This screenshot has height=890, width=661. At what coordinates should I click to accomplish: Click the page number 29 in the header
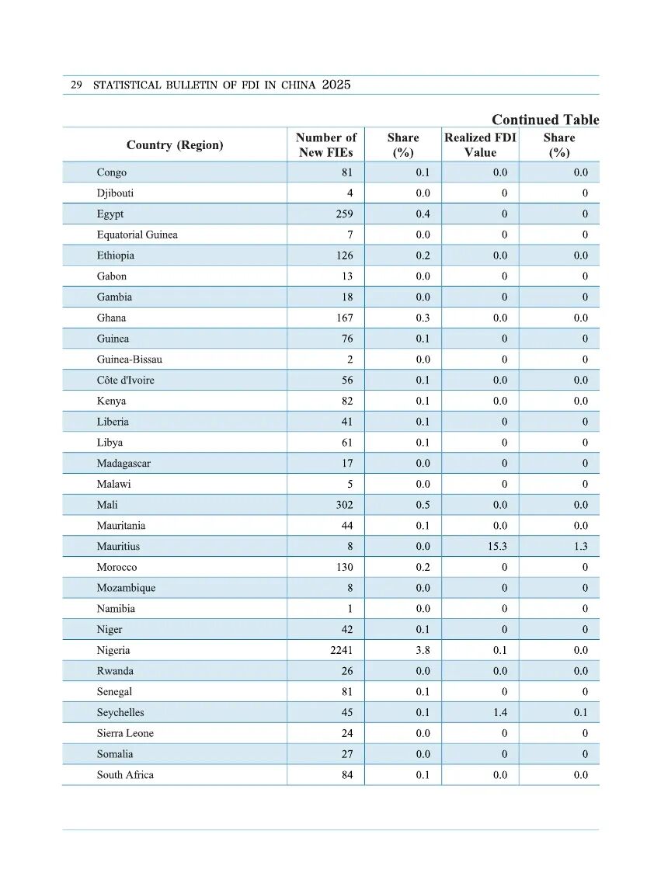(x=76, y=85)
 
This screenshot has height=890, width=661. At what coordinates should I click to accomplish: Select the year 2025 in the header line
(x=336, y=85)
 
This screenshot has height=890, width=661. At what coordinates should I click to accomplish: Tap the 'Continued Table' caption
(x=545, y=120)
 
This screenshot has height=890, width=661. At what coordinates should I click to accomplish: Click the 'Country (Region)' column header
(x=175, y=145)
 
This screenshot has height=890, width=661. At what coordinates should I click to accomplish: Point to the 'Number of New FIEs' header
(x=326, y=145)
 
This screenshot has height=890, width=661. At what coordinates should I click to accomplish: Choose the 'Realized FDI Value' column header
(x=480, y=145)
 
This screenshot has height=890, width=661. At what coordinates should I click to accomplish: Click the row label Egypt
(x=110, y=214)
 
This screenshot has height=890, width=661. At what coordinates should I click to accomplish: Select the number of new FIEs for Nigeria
(x=341, y=651)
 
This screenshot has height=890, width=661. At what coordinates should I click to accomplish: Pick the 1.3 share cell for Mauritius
(x=580, y=547)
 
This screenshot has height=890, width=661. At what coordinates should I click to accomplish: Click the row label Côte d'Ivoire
(x=126, y=381)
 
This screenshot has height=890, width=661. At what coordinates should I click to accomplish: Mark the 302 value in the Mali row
(x=343, y=505)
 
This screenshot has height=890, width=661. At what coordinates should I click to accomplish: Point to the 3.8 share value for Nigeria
(x=423, y=651)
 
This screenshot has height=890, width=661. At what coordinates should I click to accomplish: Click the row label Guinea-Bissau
(x=130, y=360)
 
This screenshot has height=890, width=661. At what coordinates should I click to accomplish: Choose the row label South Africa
(x=125, y=775)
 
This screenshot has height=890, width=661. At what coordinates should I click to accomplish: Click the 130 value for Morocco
(x=343, y=568)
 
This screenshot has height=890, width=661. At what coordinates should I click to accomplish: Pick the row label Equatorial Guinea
(x=137, y=235)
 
